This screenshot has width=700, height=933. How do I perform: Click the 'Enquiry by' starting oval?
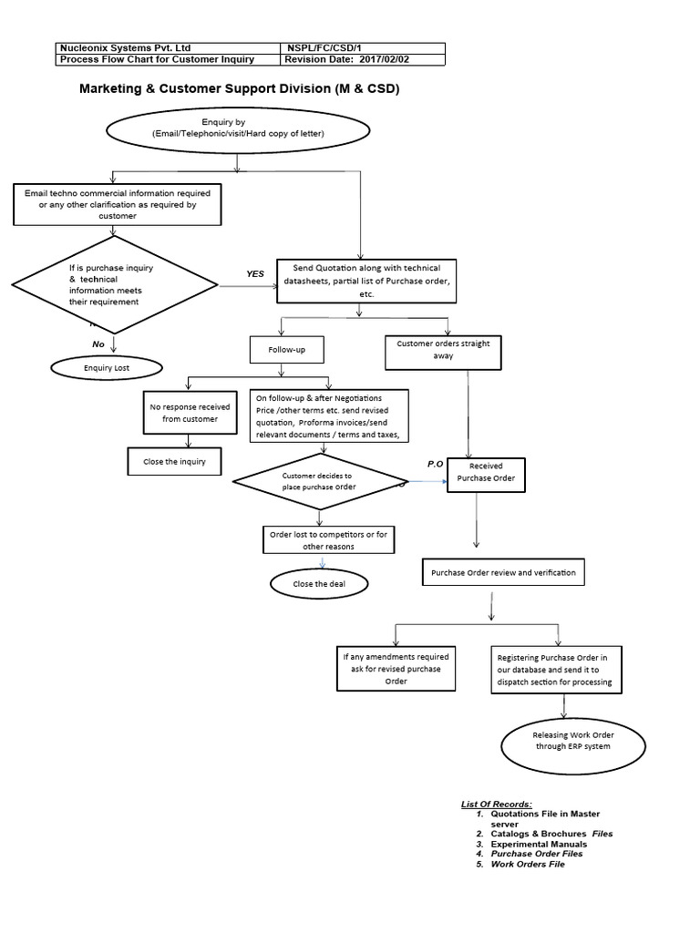[x=237, y=128]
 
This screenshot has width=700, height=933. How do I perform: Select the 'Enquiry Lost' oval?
[x=107, y=367]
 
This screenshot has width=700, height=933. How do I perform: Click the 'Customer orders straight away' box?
[x=443, y=351]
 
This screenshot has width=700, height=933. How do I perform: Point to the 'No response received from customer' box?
[x=188, y=412]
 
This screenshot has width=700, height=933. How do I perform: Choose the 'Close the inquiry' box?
[x=174, y=461]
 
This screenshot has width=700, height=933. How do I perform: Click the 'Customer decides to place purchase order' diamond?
[x=320, y=481]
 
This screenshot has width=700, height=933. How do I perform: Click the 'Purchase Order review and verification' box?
[x=502, y=572]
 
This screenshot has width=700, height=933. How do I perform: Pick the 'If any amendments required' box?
[x=396, y=669]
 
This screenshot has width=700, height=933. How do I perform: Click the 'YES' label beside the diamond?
[x=255, y=273]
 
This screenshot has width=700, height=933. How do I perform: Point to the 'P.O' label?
[x=435, y=464]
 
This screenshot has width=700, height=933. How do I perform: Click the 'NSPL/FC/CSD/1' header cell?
[x=362, y=48]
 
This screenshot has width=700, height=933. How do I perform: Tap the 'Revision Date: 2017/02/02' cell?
[x=362, y=60]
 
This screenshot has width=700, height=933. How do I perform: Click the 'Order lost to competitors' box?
[x=328, y=540]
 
